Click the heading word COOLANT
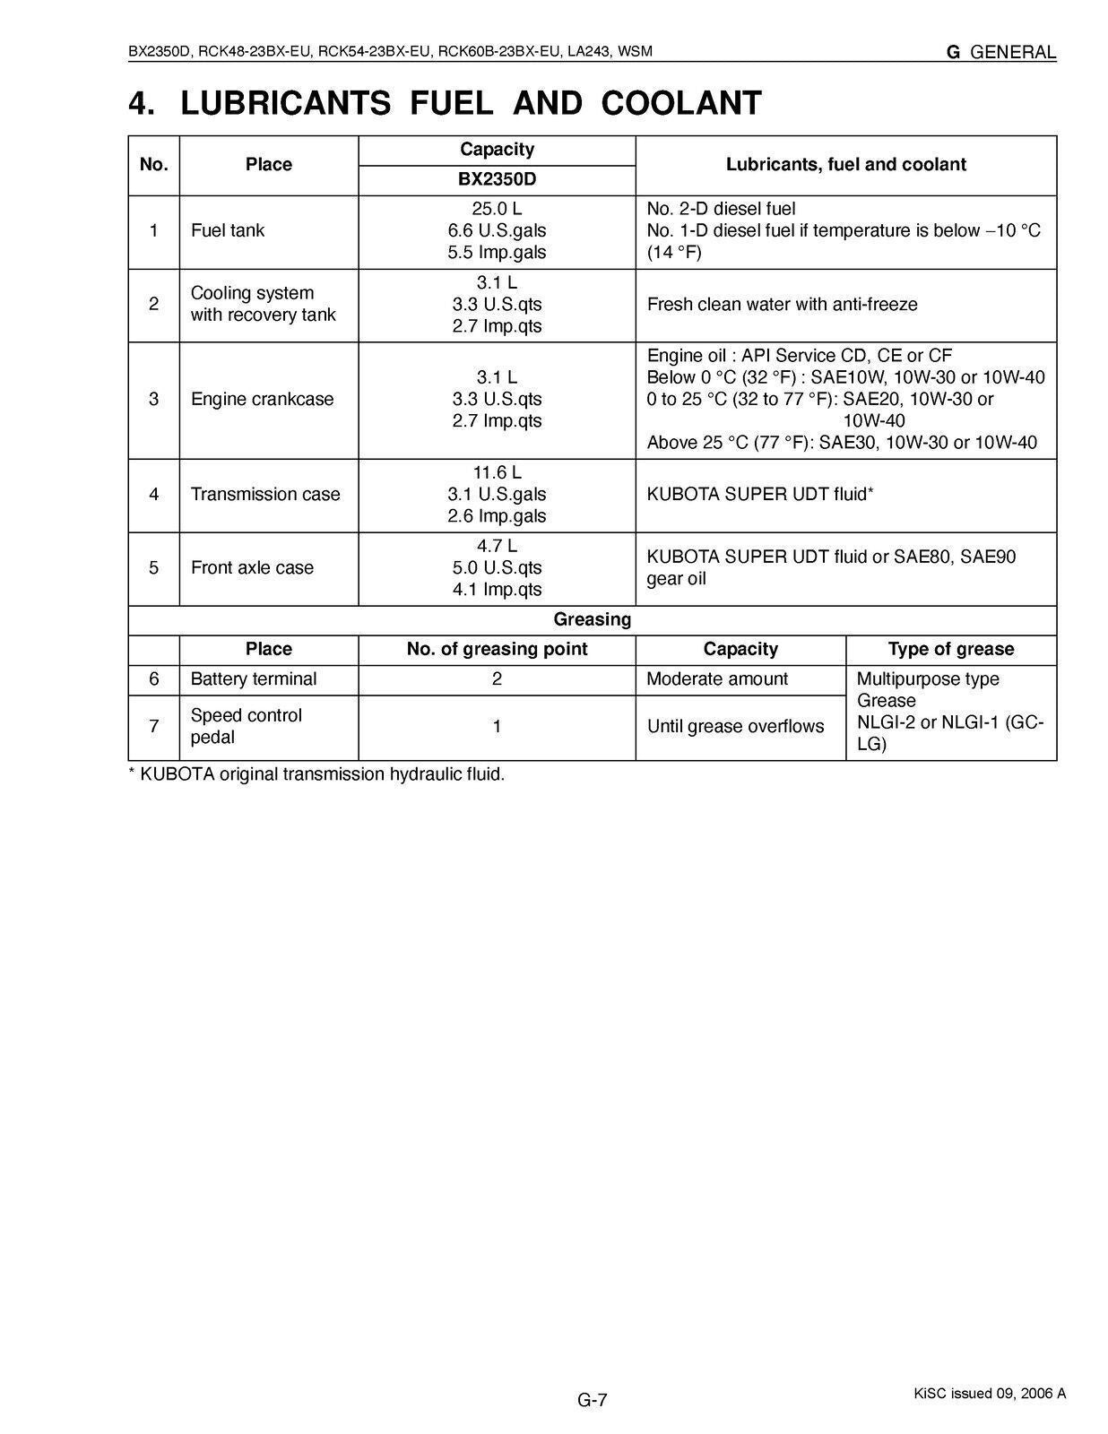[681, 104]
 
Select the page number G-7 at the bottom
[593, 1399]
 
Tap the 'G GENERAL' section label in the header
[1001, 52]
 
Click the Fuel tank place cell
[228, 230]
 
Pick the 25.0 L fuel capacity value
[497, 209]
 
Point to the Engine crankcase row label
[262, 399]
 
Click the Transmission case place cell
[265, 494]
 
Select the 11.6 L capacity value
[497, 472]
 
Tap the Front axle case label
[252, 567]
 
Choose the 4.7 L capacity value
[497, 546]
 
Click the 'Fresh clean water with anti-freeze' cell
[782, 305]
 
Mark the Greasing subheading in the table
[592, 619]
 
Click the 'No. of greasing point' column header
[497, 649]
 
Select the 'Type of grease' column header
[950, 649]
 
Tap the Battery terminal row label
[254, 679]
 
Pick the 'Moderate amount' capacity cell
[717, 679]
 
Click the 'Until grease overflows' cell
[735, 726]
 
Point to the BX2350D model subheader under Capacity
[497, 179]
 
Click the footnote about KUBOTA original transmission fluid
[317, 774]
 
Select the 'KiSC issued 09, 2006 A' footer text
[990, 1393]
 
